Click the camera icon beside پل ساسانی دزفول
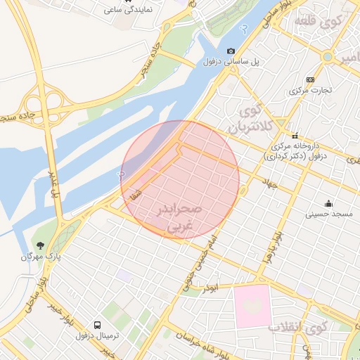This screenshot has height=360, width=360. point(231,51)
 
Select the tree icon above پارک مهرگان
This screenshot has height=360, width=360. point(40,245)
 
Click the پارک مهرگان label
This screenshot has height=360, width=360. point(40,257)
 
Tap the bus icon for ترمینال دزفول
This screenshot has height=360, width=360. point(96,326)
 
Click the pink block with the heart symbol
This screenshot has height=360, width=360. point(253,306)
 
